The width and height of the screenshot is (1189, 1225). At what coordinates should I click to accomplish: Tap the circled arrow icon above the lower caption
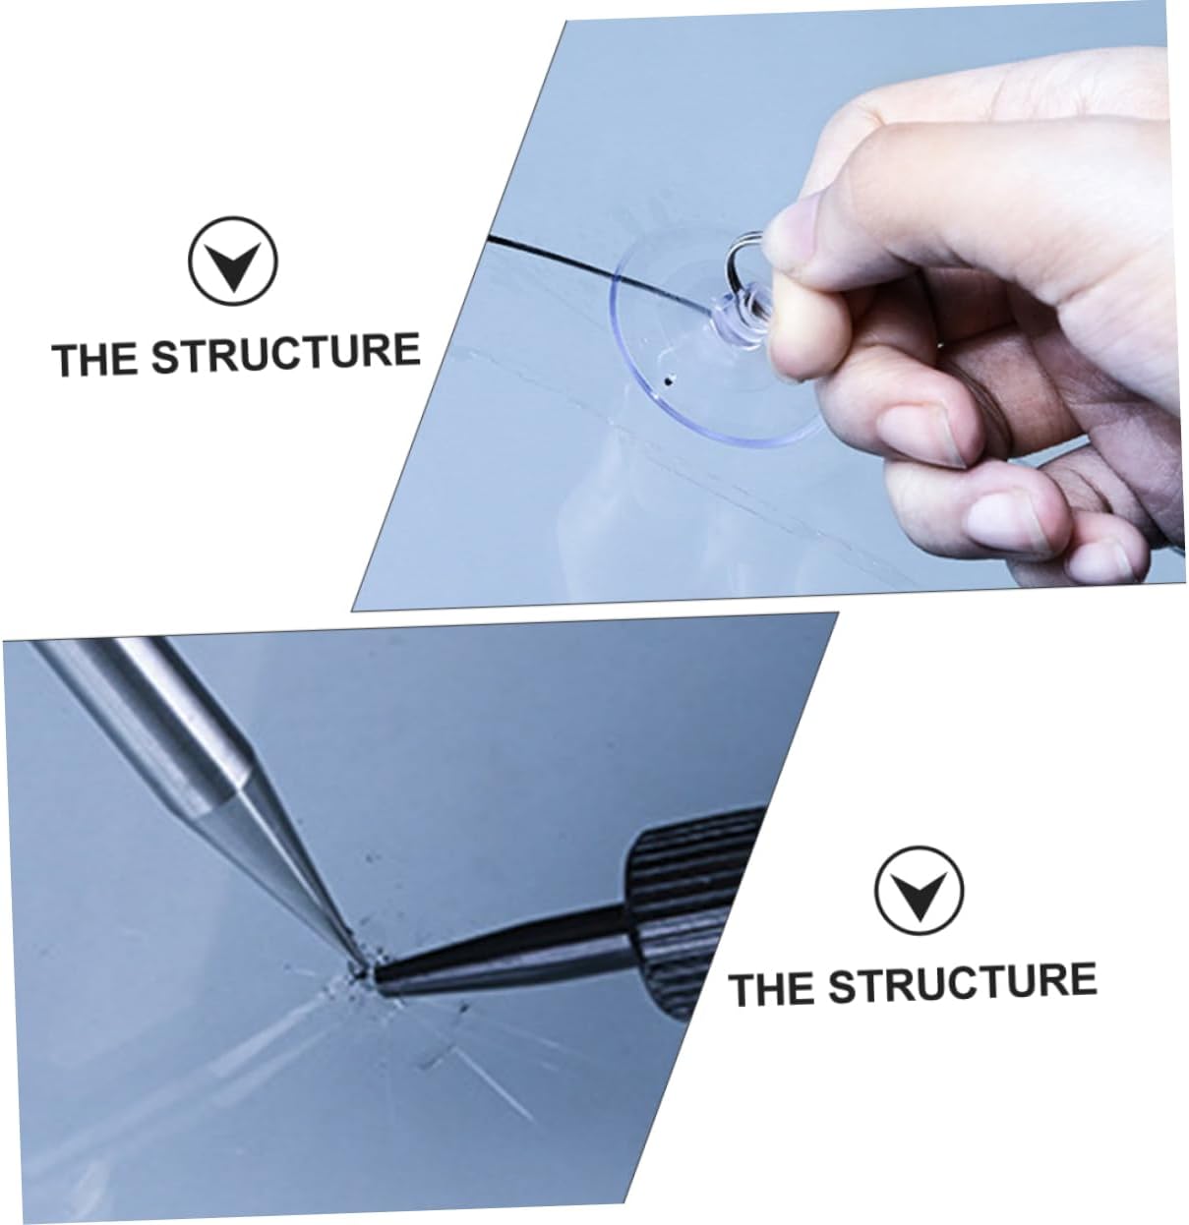pos(919,893)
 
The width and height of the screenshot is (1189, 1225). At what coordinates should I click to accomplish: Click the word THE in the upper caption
pos(96,360)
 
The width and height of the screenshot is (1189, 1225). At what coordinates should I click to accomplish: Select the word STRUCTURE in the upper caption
pos(285,353)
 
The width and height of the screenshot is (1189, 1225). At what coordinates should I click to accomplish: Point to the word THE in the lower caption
pos(773,989)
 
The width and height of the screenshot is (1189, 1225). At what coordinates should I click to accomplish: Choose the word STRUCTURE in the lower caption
pos(962,982)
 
